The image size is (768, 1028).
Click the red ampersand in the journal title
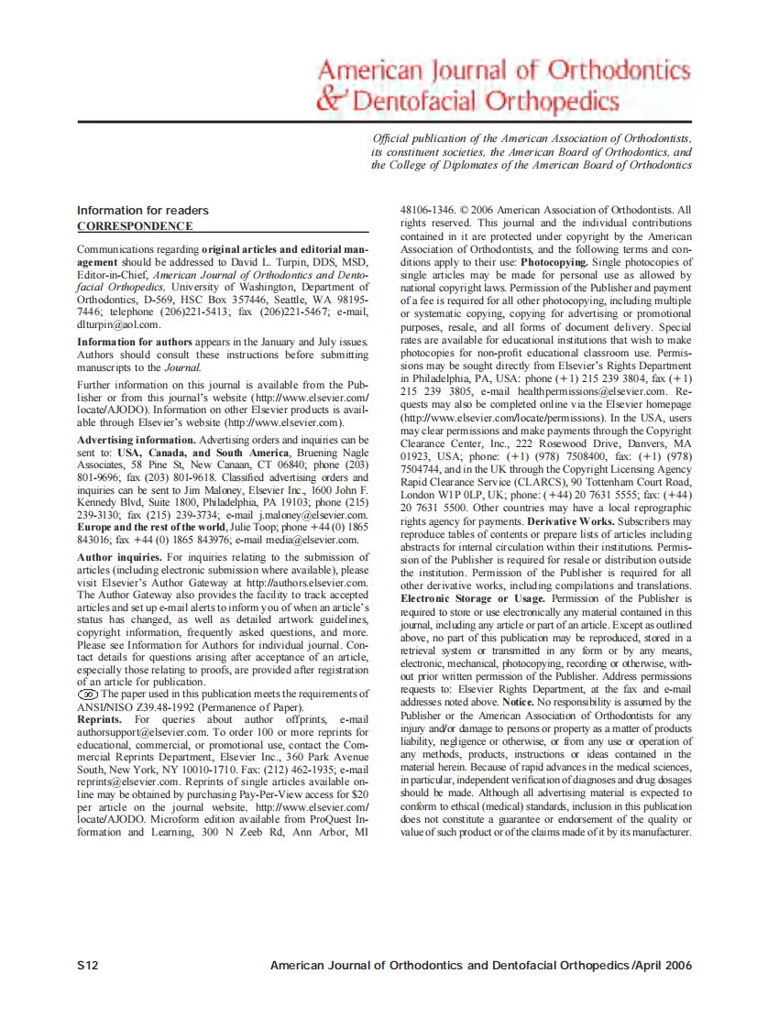pyautogui.click(x=332, y=98)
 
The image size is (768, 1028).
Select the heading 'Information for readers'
pyautogui.click(x=142, y=211)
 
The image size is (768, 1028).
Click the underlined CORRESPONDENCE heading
pyautogui.click(x=135, y=225)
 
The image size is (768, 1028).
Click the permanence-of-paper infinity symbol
pyautogui.click(x=89, y=694)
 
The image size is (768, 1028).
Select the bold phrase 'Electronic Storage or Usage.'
pyautogui.click(x=473, y=598)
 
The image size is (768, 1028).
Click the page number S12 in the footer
pyautogui.click(x=88, y=966)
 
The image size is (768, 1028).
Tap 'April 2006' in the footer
pyautogui.click(x=663, y=966)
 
